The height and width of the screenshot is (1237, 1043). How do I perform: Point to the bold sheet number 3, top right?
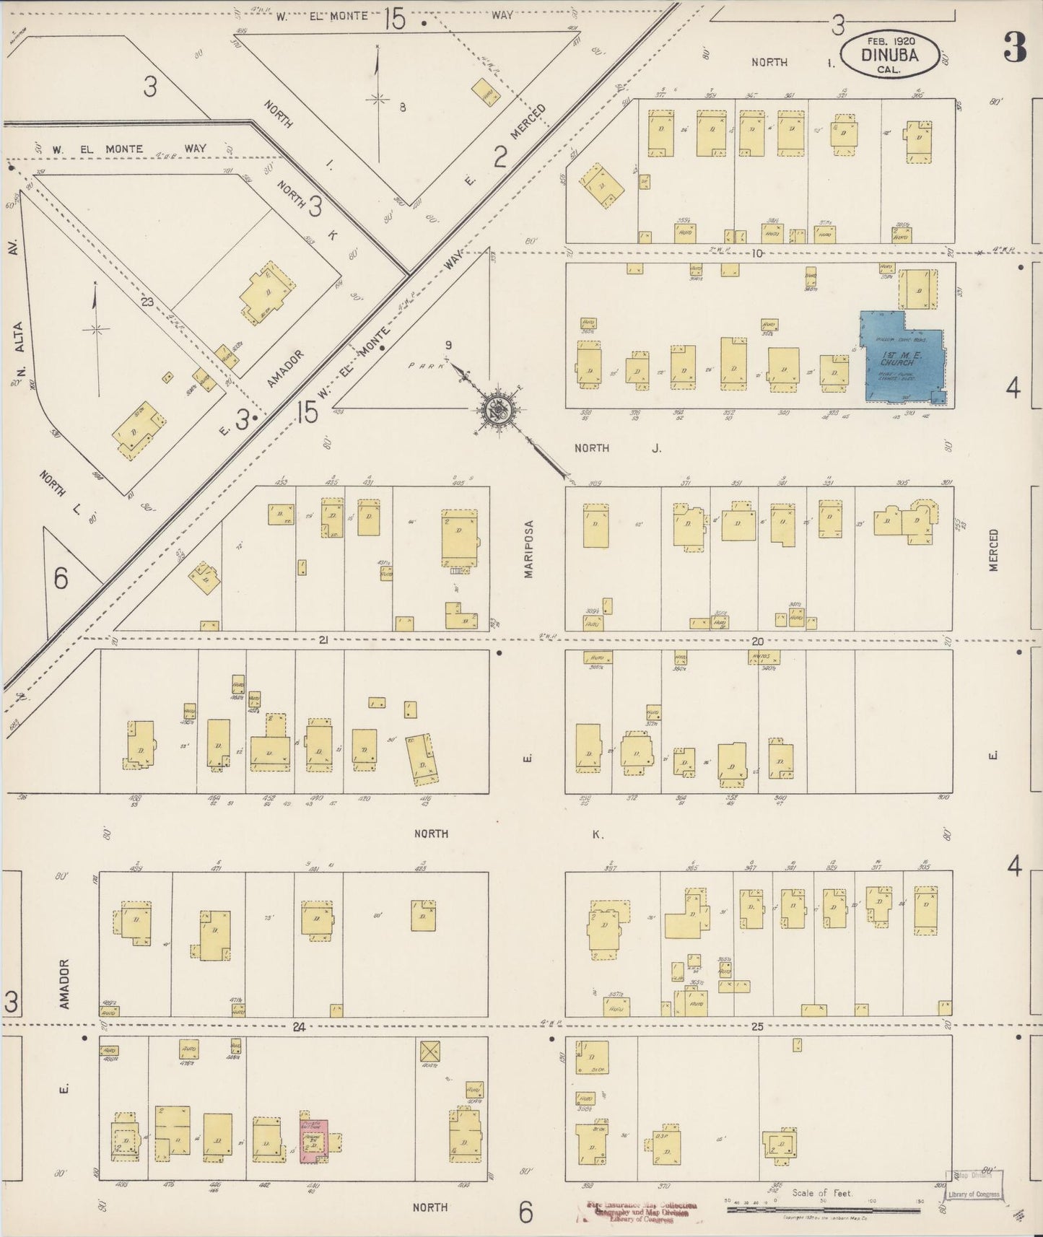point(1015,48)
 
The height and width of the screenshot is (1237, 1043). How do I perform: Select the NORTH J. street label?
point(617,448)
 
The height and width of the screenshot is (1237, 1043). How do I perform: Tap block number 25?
point(756,1026)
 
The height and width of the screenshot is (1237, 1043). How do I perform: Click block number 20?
point(757,641)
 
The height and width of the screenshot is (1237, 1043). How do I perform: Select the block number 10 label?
point(756,253)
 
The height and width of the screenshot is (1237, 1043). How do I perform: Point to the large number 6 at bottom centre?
point(525,1212)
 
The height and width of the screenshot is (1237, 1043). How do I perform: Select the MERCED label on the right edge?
point(994,550)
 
